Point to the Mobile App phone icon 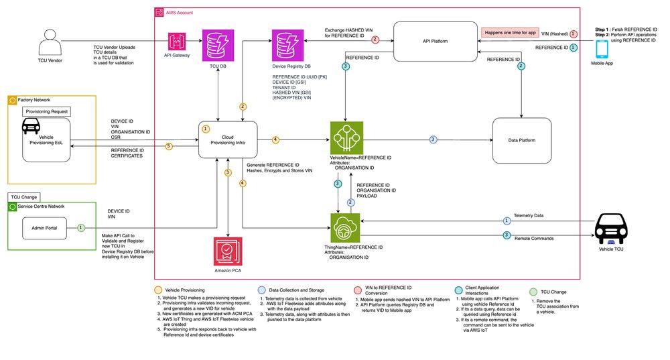[602, 49]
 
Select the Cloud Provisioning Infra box [228, 139]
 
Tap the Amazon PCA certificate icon [228, 253]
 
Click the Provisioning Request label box [46, 111]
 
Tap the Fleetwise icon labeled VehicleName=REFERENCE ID [346, 138]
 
